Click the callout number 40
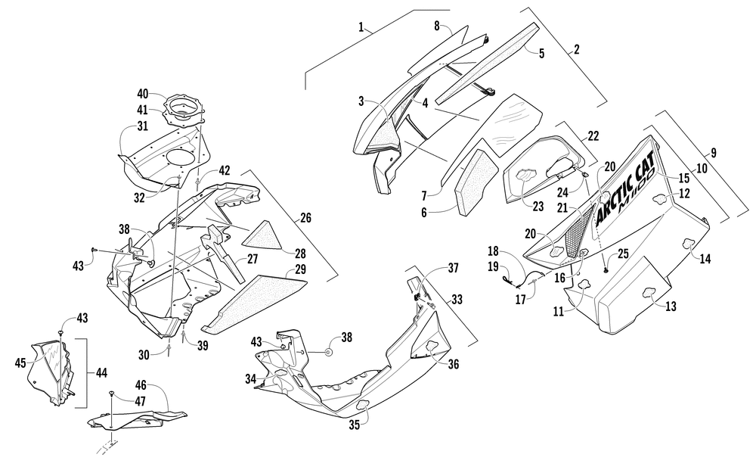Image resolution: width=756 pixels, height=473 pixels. point(143,94)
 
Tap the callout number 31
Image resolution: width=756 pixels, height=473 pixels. point(142,126)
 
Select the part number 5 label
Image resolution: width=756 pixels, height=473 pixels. point(541,54)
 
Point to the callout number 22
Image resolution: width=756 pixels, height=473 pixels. point(593,136)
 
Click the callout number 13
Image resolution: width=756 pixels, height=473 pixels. point(671,306)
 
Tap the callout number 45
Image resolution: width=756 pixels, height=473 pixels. point(20,362)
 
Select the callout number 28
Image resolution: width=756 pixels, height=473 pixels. point(300,254)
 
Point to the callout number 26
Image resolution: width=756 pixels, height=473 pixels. point(305,218)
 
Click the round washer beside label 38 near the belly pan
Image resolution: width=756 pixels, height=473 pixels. point(328,353)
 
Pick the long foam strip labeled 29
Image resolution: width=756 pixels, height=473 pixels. point(253,304)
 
